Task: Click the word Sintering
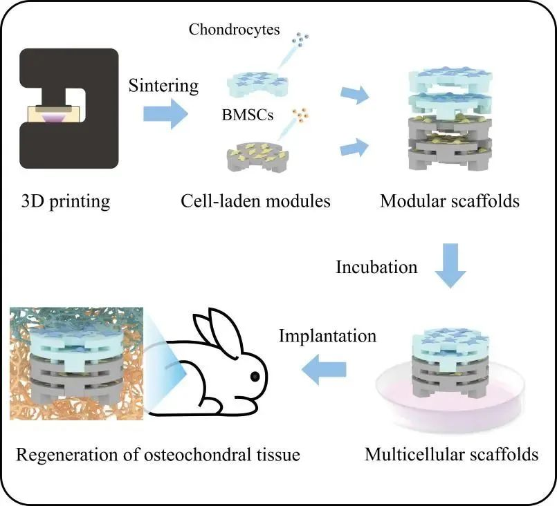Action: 163,86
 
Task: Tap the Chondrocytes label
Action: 234,30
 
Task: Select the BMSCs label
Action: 248,115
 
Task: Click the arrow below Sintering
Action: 165,114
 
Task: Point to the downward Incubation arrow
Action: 450,265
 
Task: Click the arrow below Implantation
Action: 324,369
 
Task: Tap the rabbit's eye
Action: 255,376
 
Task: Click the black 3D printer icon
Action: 69,109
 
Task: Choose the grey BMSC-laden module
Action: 257,156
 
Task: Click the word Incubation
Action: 376,267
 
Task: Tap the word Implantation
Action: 327,336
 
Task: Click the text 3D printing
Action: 66,202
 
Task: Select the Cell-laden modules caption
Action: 255,201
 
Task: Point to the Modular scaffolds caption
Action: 449,201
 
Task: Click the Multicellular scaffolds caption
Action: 452,455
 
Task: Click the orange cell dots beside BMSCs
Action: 300,115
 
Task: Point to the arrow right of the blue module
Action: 355,95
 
